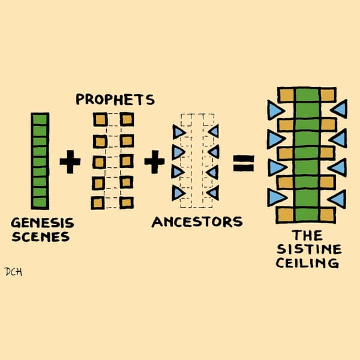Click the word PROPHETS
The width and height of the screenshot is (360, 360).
click(115, 99)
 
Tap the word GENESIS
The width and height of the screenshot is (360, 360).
click(42, 223)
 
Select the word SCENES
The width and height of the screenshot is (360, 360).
click(40, 236)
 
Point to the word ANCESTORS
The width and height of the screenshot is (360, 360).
click(197, 222)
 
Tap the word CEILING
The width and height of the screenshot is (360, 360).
click(308, 263)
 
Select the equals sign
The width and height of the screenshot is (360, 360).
click(243, 162)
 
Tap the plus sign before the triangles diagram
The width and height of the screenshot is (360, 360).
click(154, 161)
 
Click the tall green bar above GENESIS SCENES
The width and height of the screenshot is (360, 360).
click(40, 161)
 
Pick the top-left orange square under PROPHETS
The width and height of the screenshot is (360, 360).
click(99, 119)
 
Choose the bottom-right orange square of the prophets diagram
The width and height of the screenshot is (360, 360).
click(127, 202)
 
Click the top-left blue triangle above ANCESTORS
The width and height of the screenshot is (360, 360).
click(178, 131)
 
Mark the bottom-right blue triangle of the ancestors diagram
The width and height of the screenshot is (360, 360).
click(213, 193)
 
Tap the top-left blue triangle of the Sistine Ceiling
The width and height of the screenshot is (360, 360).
click(275, 110)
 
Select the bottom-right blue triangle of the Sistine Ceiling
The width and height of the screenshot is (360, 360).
click(338, 198)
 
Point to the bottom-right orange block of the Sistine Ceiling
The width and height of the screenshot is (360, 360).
click(327, 213)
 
